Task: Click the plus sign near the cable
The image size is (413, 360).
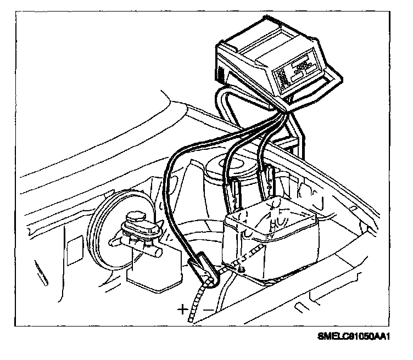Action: pyautogui.click(x=182, y=308)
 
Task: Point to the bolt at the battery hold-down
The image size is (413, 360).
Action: pyautogui.click(x=240, y=269)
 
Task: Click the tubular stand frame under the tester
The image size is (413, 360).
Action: pyautogui.click(x=297, y=132)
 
